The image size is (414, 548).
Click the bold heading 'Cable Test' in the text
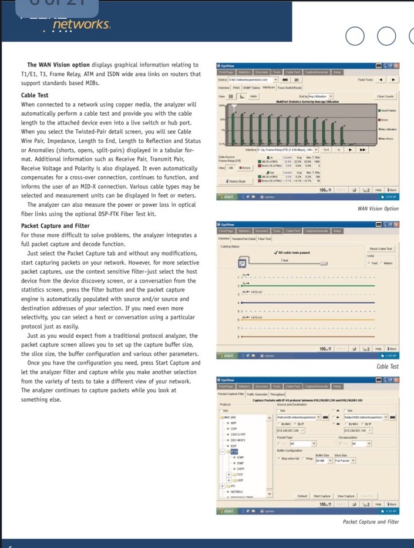pos(35,95)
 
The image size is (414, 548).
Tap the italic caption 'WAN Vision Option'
pos(378,209)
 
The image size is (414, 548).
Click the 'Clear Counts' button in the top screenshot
pos(385,96)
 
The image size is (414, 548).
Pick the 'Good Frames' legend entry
pos(388,110)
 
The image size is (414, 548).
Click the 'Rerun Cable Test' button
pos(381,250)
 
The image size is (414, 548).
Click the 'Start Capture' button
pos(322,496)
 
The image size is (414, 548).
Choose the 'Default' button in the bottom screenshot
pos(302,496)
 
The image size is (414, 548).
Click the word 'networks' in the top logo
pos(80,24)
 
